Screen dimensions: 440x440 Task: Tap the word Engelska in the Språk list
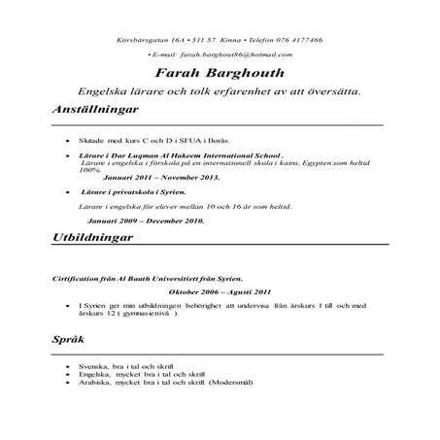[95, 374]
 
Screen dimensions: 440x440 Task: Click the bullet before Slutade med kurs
[65, 141]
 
